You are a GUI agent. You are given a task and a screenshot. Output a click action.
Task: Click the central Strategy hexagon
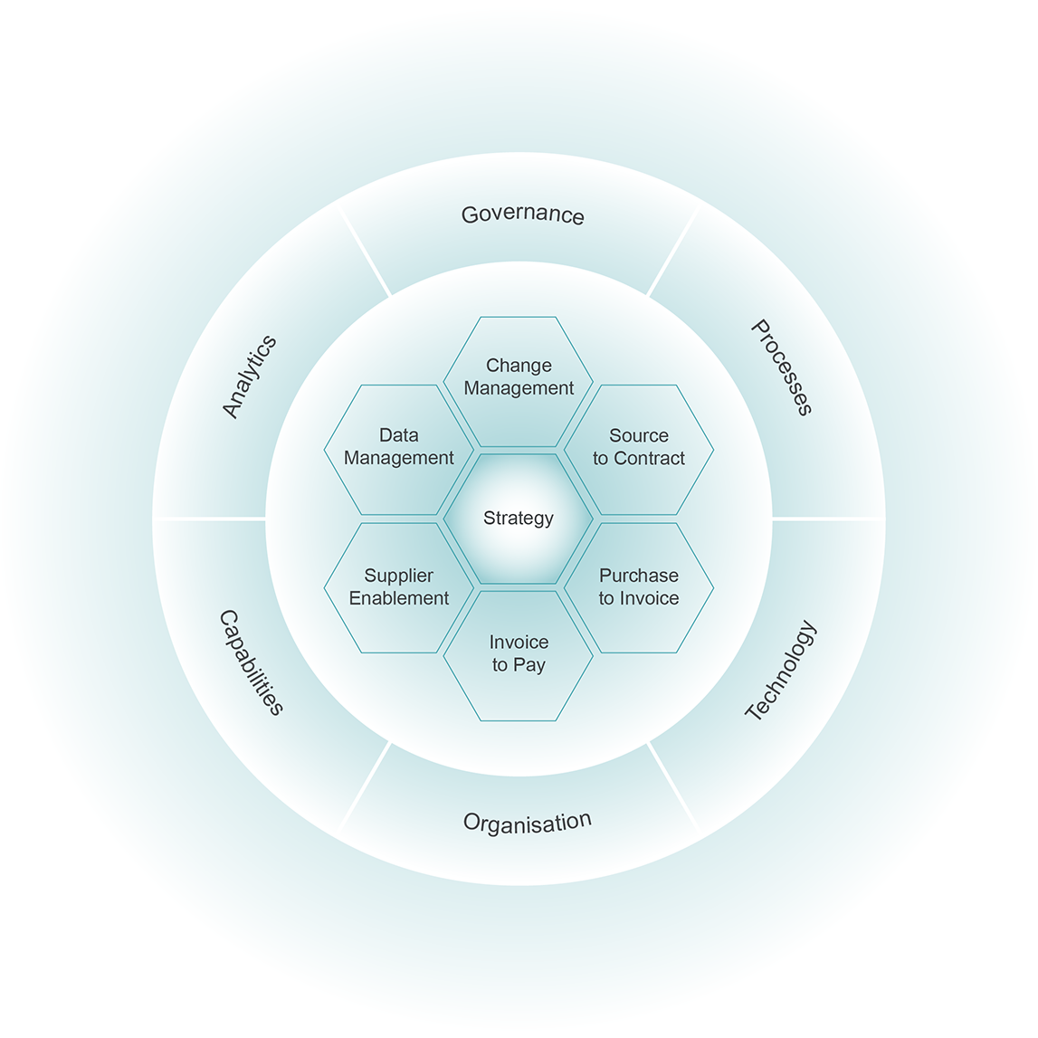pos(519,519)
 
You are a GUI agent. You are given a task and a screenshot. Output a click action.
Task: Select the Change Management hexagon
pos(519,377)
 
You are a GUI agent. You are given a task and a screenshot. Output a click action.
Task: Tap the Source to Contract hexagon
pos(639,448)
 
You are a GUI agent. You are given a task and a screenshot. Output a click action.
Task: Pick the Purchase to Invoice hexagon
pos(639,587)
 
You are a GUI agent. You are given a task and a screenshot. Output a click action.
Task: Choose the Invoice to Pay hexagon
pos(519,654)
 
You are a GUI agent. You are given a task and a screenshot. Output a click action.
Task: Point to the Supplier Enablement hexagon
pos(399,587)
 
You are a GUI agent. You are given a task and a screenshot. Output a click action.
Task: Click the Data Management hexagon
pos(399,448)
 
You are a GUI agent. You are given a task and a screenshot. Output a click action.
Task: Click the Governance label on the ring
pos(522,214)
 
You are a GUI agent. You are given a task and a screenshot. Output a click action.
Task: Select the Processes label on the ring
pos(782,367)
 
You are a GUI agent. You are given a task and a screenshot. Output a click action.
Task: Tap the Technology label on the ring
pos(781,671)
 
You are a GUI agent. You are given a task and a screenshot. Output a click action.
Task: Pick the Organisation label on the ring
pos(527,823)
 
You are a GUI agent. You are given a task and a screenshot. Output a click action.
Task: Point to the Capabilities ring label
pos(252,662)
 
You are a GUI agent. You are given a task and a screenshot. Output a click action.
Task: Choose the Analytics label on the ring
pos(250,376)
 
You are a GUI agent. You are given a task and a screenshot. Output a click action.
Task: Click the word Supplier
pos(399,576)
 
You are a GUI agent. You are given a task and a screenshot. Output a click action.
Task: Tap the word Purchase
pos(639,576)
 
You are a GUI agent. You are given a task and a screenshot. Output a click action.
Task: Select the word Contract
pos(650,459)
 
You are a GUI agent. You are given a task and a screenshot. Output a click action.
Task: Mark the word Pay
pos(529,665)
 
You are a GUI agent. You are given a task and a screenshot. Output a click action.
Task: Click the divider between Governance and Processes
pos(672,251)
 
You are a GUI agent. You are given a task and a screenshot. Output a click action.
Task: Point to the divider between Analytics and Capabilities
pos(210,519)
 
